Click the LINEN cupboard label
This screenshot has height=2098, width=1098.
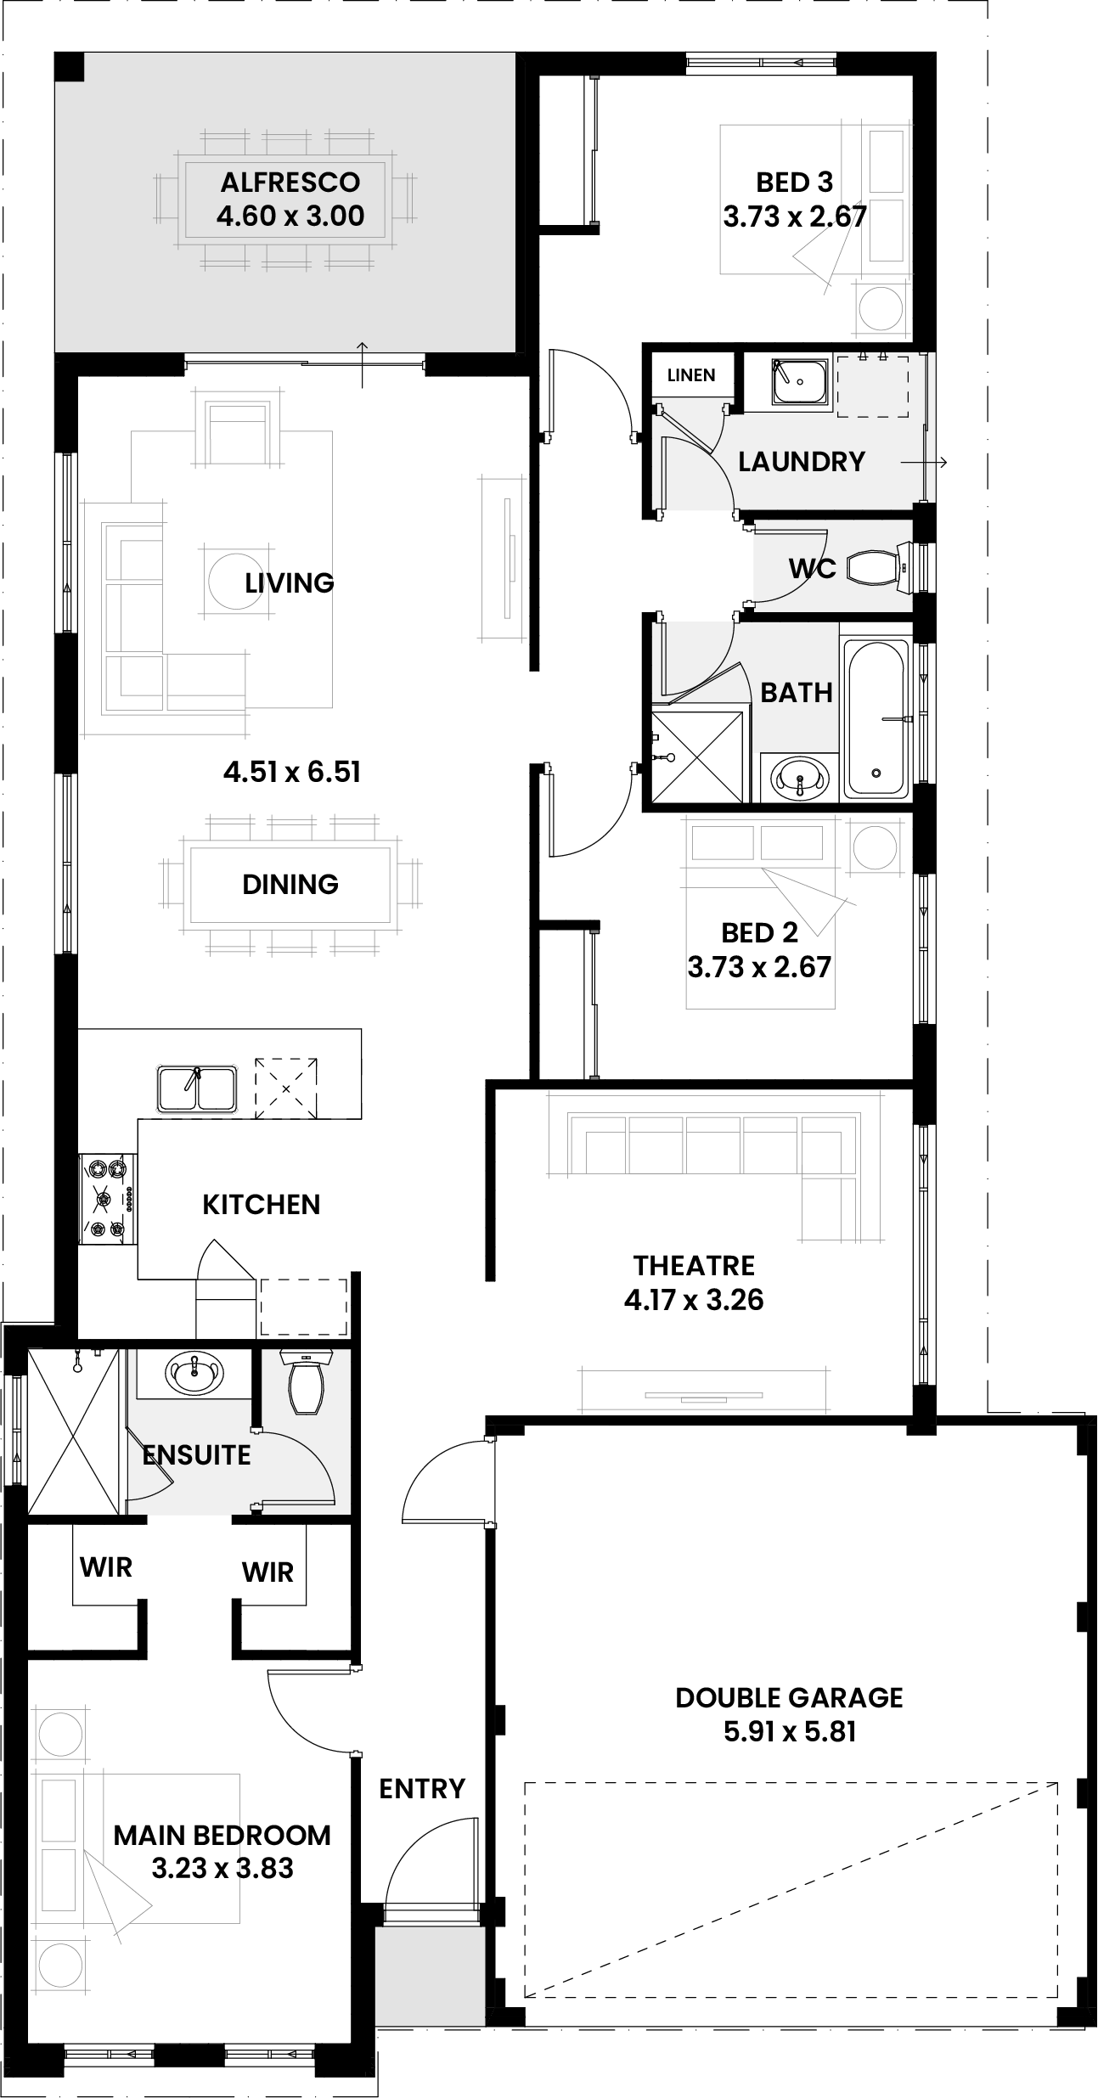tap(691, 374)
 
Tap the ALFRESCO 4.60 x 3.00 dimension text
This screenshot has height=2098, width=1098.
tap(290, 216)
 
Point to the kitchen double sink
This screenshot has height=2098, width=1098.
tap(197, 1088)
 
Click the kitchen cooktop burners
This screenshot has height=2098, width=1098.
tap(108, 1199)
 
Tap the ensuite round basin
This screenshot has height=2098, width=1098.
tap(194, 1372)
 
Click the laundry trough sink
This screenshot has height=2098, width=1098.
tap(799, 382)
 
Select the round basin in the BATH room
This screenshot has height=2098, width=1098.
tap(799, 776)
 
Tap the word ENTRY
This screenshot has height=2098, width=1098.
tap(422, 1789)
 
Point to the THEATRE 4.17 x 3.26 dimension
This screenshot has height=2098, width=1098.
tap(694, 1300)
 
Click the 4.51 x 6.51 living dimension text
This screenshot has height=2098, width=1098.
tap(292, 772)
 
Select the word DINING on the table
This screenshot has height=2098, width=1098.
tap(290, 884)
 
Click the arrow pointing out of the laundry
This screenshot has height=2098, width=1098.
tap(923, 463)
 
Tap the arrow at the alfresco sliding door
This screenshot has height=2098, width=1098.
tap(363, 364)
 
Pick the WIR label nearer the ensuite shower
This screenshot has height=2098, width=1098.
tap(106, 1566)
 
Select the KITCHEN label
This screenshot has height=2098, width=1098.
tap(262, 1204)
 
